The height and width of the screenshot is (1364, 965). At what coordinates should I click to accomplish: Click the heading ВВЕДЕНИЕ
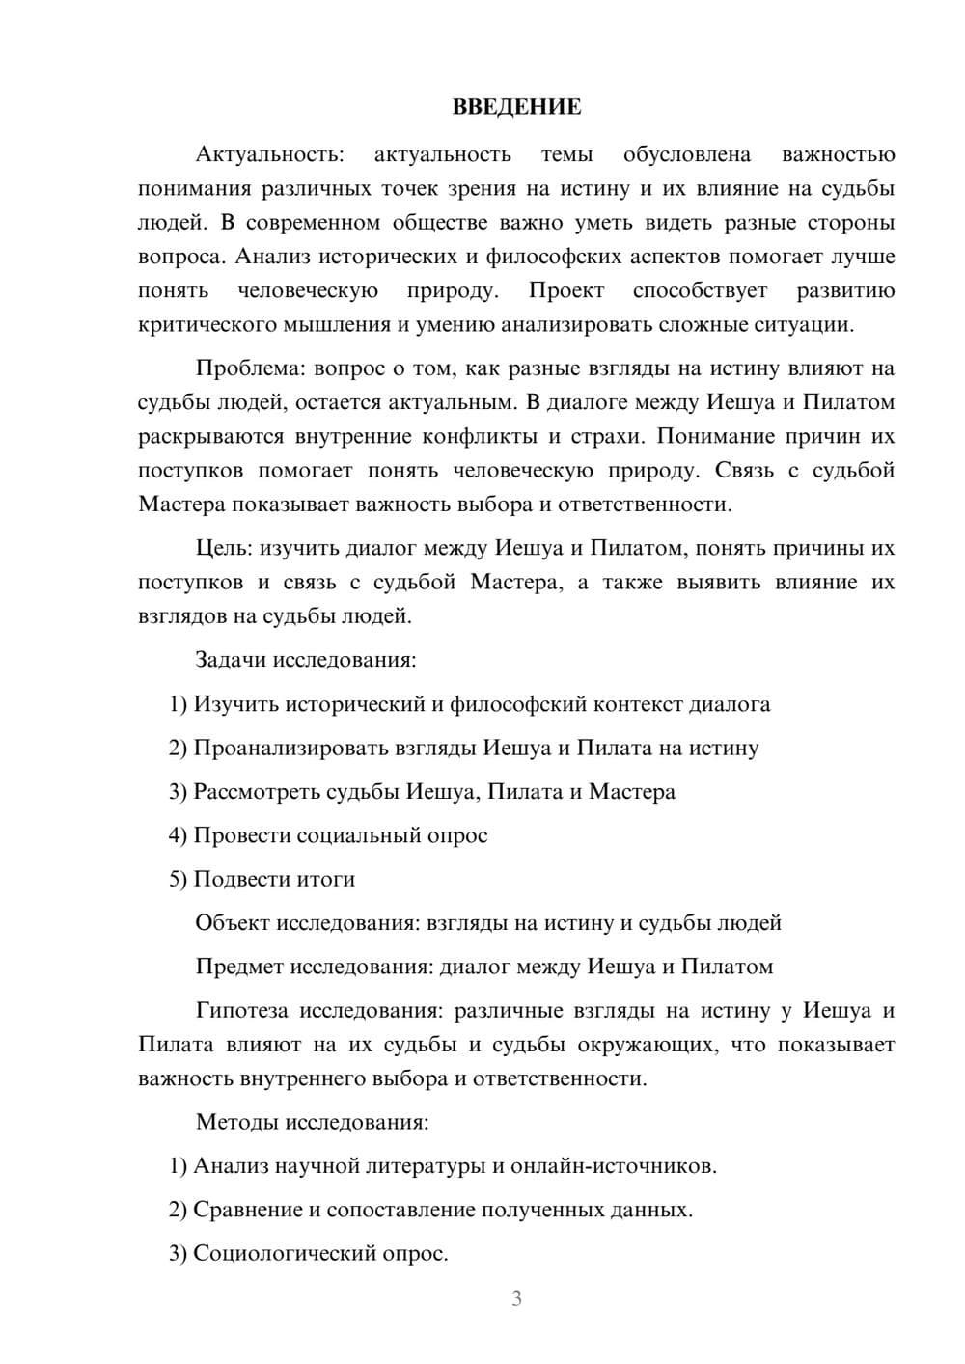(516, 107)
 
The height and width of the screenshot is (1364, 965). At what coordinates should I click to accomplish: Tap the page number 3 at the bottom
(516, 1298)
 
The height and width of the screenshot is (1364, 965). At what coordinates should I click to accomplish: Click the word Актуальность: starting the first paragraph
(268, 154)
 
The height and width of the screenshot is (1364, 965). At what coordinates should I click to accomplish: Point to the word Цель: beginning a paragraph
(223, 548)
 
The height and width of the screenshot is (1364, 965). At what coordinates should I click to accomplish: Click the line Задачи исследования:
(305, 660)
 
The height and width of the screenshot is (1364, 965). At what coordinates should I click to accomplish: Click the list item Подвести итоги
(274, 879)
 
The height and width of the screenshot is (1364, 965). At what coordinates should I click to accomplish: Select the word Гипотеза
(241, 1010)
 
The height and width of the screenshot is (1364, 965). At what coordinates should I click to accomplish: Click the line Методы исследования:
(312, 1122)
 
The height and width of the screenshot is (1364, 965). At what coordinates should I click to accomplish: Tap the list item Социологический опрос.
(320, 1253)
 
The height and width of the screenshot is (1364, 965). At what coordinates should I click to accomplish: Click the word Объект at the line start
(232, 922)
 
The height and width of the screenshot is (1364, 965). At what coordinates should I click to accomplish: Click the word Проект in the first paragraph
(565, 290)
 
